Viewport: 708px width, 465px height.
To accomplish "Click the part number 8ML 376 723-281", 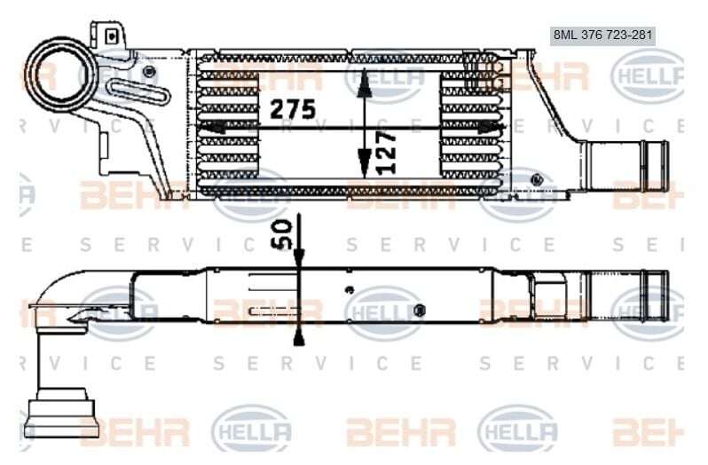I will pos(602,35).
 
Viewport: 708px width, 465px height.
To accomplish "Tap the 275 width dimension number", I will pos(293,109).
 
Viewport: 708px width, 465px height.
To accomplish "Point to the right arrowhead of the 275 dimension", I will pos(491,127).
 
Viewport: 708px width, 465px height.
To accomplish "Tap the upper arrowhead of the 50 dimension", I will pos(298,256).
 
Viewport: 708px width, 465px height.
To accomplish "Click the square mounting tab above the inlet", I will pos(110,35).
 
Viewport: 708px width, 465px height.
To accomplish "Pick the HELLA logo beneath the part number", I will pos(645,75).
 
